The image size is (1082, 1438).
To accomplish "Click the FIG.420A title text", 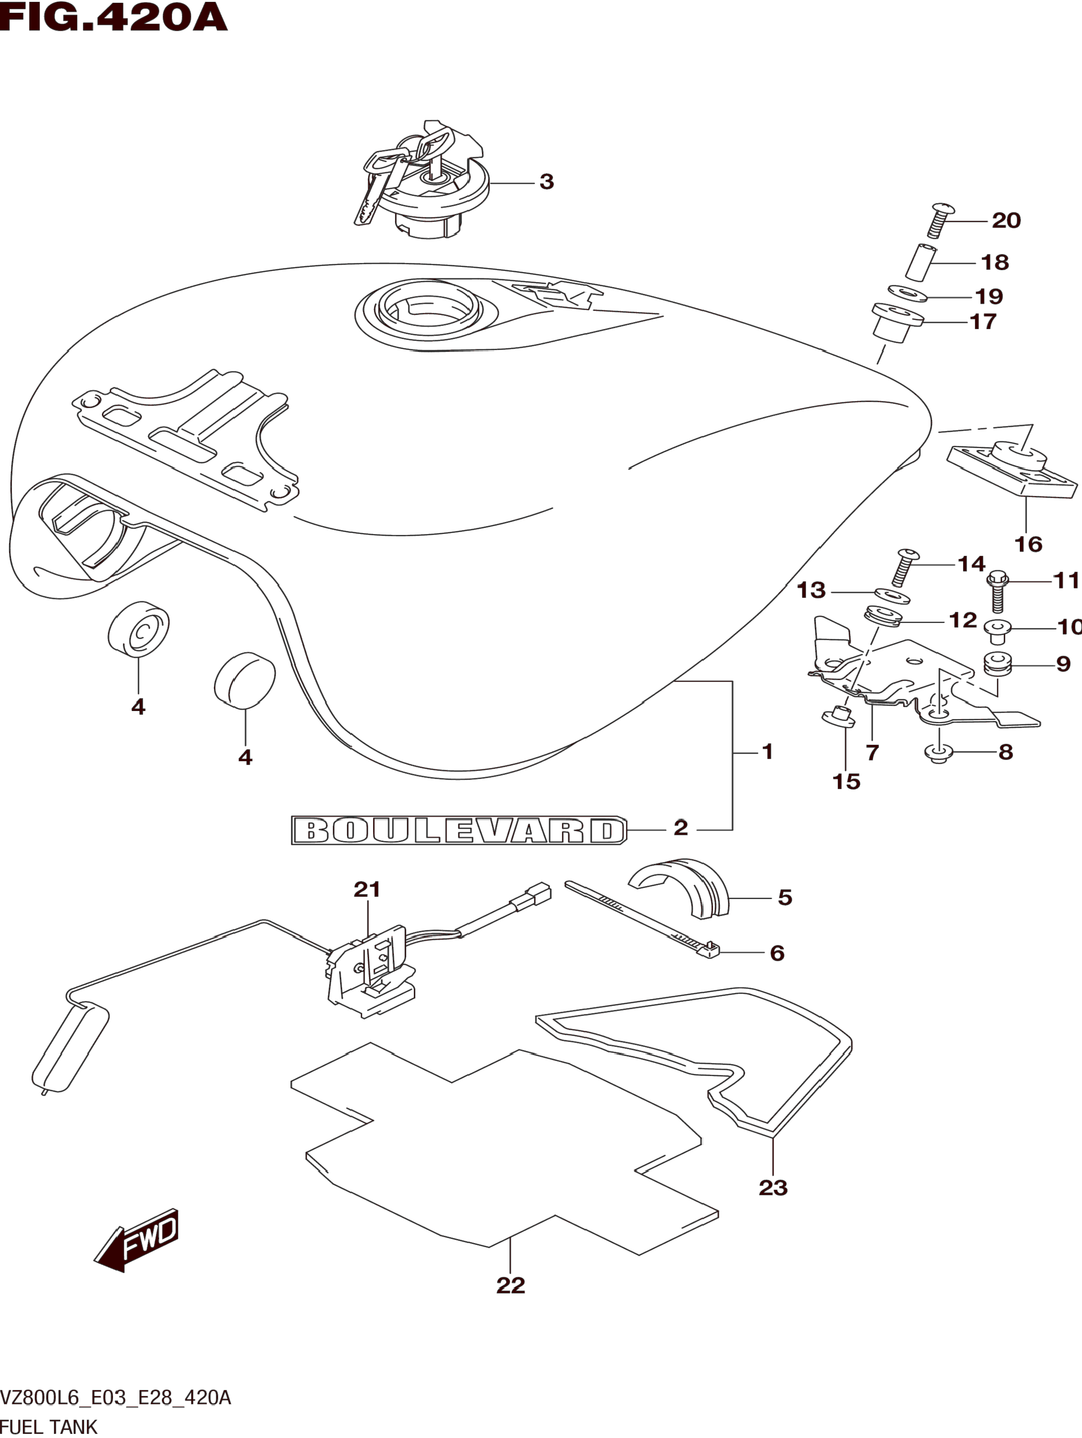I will point(114,18).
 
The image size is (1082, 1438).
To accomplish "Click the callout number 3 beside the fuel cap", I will point(546,182).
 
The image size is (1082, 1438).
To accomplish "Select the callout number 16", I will point(1028,544).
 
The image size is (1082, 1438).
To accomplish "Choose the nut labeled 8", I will point(938,753).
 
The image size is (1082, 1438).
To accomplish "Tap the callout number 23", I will point(773,1188).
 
